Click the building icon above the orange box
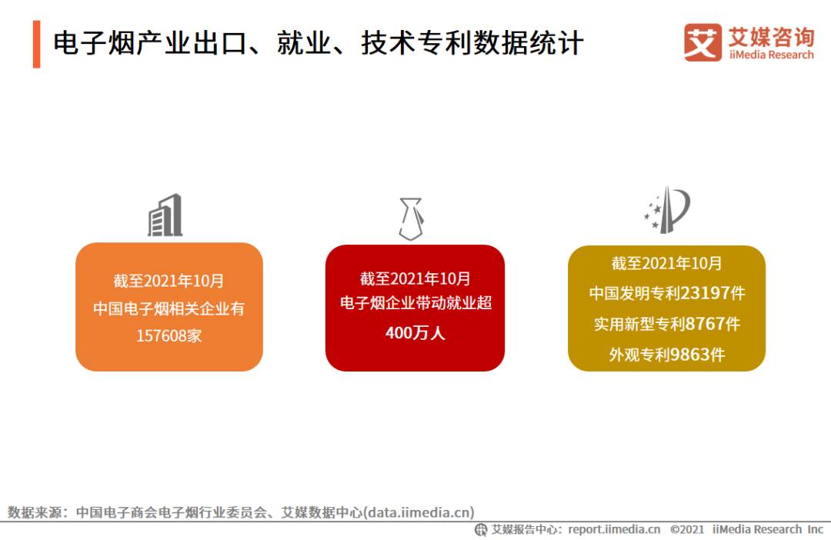pyautogui.click(x=165, y=215)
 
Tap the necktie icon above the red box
pyautogui.click(x=411, y=218)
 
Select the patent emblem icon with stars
pyautogui.click(x=667, y=209)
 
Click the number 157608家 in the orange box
pyautogui.click(x=169, y=336)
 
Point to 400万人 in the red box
pyautogui.click(x=415, y=333)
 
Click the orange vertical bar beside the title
pyautogui.click(x=36, y=45)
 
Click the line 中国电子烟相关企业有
pyautogui.click(x=169, y=308)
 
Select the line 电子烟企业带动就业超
pyautogui.click(x=415, y=303)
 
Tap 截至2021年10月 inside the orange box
pyautogui.click(x=169, y=281)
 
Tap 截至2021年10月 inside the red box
pyautogui.click(x=415, y=278)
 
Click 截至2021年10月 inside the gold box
pyautogui.click(x=666, y=263)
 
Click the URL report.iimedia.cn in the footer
pyautogui.click(x=614, y=529)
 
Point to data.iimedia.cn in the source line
pyautogui.click(x=419, y=512)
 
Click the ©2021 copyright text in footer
pyautogui.click(x=687, y=529)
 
